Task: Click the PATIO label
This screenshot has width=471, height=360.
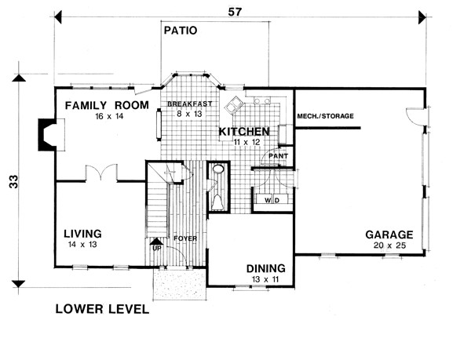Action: click(181, 31)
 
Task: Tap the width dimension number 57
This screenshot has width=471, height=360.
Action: click(235, 12)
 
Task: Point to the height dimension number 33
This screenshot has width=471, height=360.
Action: click(14, 181)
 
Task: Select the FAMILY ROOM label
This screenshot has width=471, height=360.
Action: click(107, 105)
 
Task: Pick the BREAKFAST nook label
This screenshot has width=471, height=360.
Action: click(190, 104)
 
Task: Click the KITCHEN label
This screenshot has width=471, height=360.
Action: click(244, 132)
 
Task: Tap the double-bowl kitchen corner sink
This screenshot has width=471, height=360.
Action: click(234, 104)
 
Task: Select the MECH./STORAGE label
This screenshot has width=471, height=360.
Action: click(325, 116)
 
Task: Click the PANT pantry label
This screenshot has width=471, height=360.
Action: click(278, 156)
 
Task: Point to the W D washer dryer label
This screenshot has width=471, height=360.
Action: click(272, 200)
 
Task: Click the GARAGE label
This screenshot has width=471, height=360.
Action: click(389, 235)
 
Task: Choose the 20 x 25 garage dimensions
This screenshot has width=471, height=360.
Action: click(389, 245)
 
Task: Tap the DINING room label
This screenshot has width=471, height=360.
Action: click(266, 268)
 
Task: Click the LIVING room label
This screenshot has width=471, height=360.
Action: click(82, 234)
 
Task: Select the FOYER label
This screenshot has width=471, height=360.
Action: click(185, 238)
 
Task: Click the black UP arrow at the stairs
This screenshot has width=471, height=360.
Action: click(156, 242)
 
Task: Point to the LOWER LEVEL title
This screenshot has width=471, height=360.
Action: click(102, 309)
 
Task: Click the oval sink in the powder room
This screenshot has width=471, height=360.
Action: click(218, 169)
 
